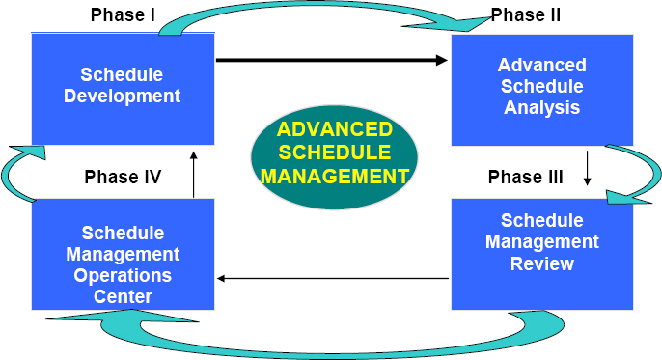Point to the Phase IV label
pos(123,177)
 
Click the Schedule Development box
pos(123,87)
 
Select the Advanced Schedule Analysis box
pos(542,87)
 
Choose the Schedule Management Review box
pos(542,252)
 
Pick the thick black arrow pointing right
pos(332,61)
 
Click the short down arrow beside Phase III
pos(588,168)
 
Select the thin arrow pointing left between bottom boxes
pos(333,279)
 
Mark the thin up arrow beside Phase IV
pos(194,173)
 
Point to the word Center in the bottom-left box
pos(123,296)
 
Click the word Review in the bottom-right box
pos(542,263)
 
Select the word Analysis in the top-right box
pos(542,107)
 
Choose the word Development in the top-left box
pos(123,96)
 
